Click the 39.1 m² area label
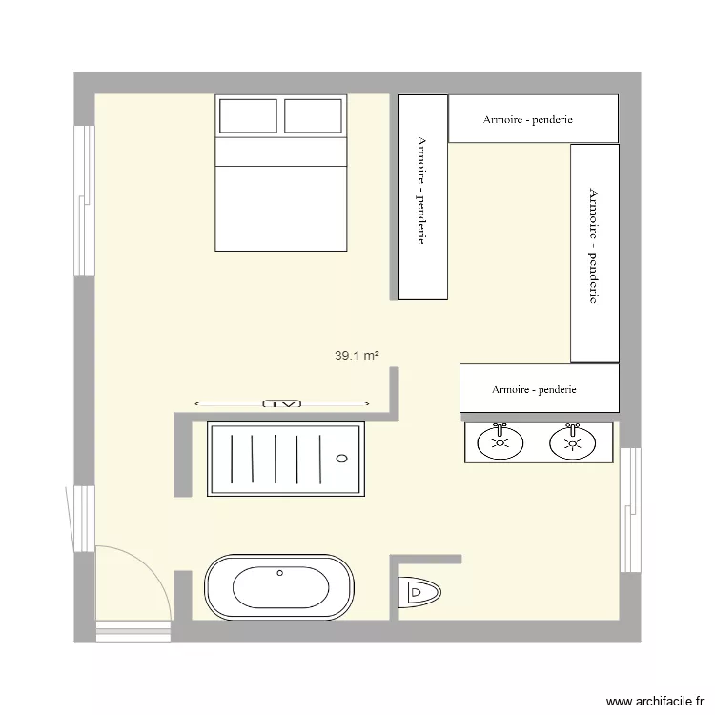click(357, 357)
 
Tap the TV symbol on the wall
click(281, 403)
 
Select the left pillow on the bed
click(249, 116)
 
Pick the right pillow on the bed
click(313, 116)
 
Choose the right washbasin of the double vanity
click(573, 442)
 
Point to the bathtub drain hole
click(280, 573)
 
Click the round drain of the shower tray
click(342, 459)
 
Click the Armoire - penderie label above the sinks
click(534, 389)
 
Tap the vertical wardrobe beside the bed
click(422, 196)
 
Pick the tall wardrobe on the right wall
click(595, 253)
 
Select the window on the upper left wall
click(85, 200)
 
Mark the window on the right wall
click(629, 510)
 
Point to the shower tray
click(286, 460)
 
